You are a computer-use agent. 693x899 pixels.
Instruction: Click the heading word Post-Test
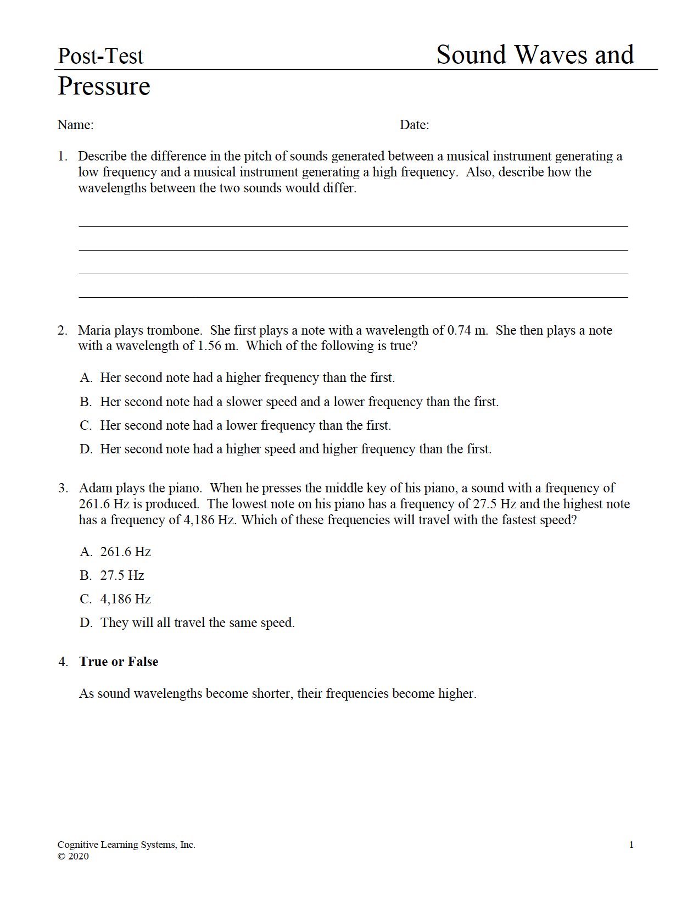tap(100, 56)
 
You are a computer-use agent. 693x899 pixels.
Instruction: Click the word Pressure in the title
tap(104, 86)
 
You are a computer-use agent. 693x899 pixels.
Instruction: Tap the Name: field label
tap(75, 125)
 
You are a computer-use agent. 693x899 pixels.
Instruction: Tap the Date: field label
tap(414, 125)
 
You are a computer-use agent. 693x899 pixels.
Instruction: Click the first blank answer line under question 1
tap(353, 226)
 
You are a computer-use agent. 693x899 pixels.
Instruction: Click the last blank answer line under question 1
tap(353, 297)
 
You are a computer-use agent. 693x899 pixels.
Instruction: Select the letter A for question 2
tap(85, 378)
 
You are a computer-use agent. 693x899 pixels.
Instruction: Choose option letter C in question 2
tap(85, 425)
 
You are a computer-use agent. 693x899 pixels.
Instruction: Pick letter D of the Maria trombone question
tap(85, 449)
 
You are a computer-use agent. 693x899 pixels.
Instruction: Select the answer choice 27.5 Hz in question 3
tap(122, 575)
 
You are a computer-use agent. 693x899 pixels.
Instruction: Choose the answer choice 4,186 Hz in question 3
tap(125, 599)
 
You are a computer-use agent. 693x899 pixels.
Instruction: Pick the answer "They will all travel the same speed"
tap(197, 623)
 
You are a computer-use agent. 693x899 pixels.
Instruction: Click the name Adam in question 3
tap(95, 488)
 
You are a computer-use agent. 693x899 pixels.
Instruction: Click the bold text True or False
tap(119, 662)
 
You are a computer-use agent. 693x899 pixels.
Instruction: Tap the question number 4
tap(63, 662)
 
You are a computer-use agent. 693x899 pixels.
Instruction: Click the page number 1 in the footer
tap(631, 845)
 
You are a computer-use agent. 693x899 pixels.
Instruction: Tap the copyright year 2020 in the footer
tap(78, 856)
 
